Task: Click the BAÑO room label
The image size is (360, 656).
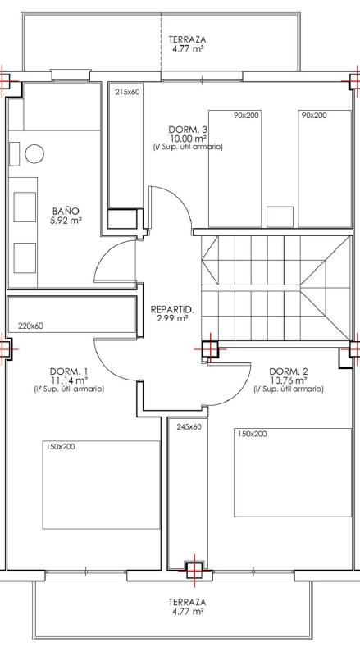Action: click(x=66, y=211)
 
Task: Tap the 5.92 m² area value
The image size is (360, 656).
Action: click(x=66, y=221)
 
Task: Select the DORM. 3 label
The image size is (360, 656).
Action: click(x=188, y=130)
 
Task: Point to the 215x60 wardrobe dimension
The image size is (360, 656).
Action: click(x=127, y=93)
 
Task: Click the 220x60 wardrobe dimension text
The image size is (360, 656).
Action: click(x=31, y=326)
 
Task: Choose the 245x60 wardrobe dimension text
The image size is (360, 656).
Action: click(x=189, y=427)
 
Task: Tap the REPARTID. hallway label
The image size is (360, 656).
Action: click(x=172, y=310)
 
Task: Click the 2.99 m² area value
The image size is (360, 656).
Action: click(x=172, y=319)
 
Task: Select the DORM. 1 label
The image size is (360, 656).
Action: click(x=69, y=371)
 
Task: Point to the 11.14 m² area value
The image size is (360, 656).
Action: click(x=69, y=380)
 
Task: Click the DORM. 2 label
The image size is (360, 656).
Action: click(x=289, y=371)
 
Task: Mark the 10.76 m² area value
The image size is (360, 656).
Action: click(x=289, y=380)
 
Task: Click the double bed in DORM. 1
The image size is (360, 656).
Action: click(x=101, y=485)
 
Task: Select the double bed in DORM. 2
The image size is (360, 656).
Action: click(x=293, y=472)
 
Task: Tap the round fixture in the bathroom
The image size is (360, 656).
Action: click(x=34, y=154)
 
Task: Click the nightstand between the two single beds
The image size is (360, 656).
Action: click(x=280, y=216)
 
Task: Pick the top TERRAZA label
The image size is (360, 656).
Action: click(x=187, y=39)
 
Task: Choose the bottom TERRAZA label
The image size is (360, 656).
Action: click(x=187, y=602)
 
